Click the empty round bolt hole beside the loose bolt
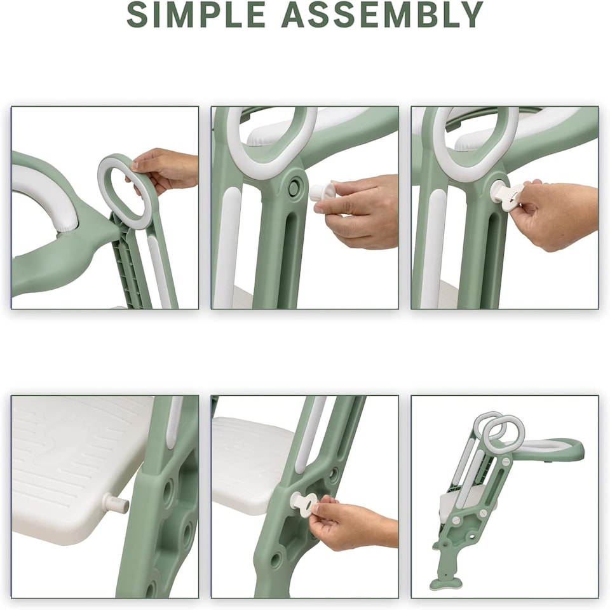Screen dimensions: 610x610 pos(294,187)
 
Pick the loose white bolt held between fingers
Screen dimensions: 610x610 pos(322,192)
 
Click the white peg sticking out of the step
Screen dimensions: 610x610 pos(116,505)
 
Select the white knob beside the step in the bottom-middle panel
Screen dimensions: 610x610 pos(304,502)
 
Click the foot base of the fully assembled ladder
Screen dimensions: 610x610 pos(445,583)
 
